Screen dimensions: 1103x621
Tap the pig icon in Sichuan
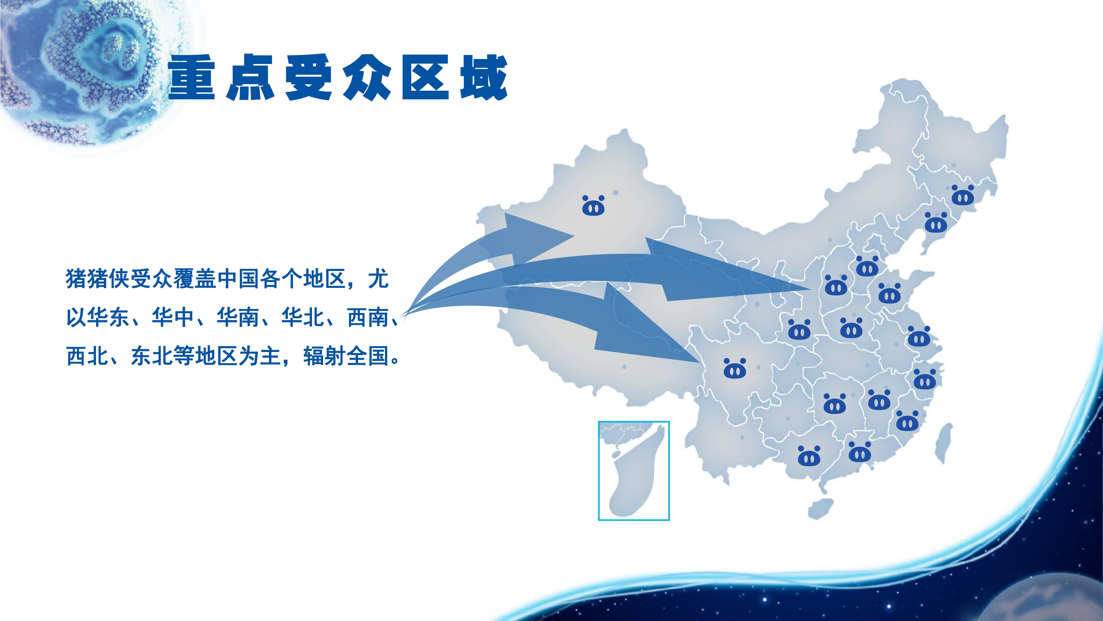point(735,369)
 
